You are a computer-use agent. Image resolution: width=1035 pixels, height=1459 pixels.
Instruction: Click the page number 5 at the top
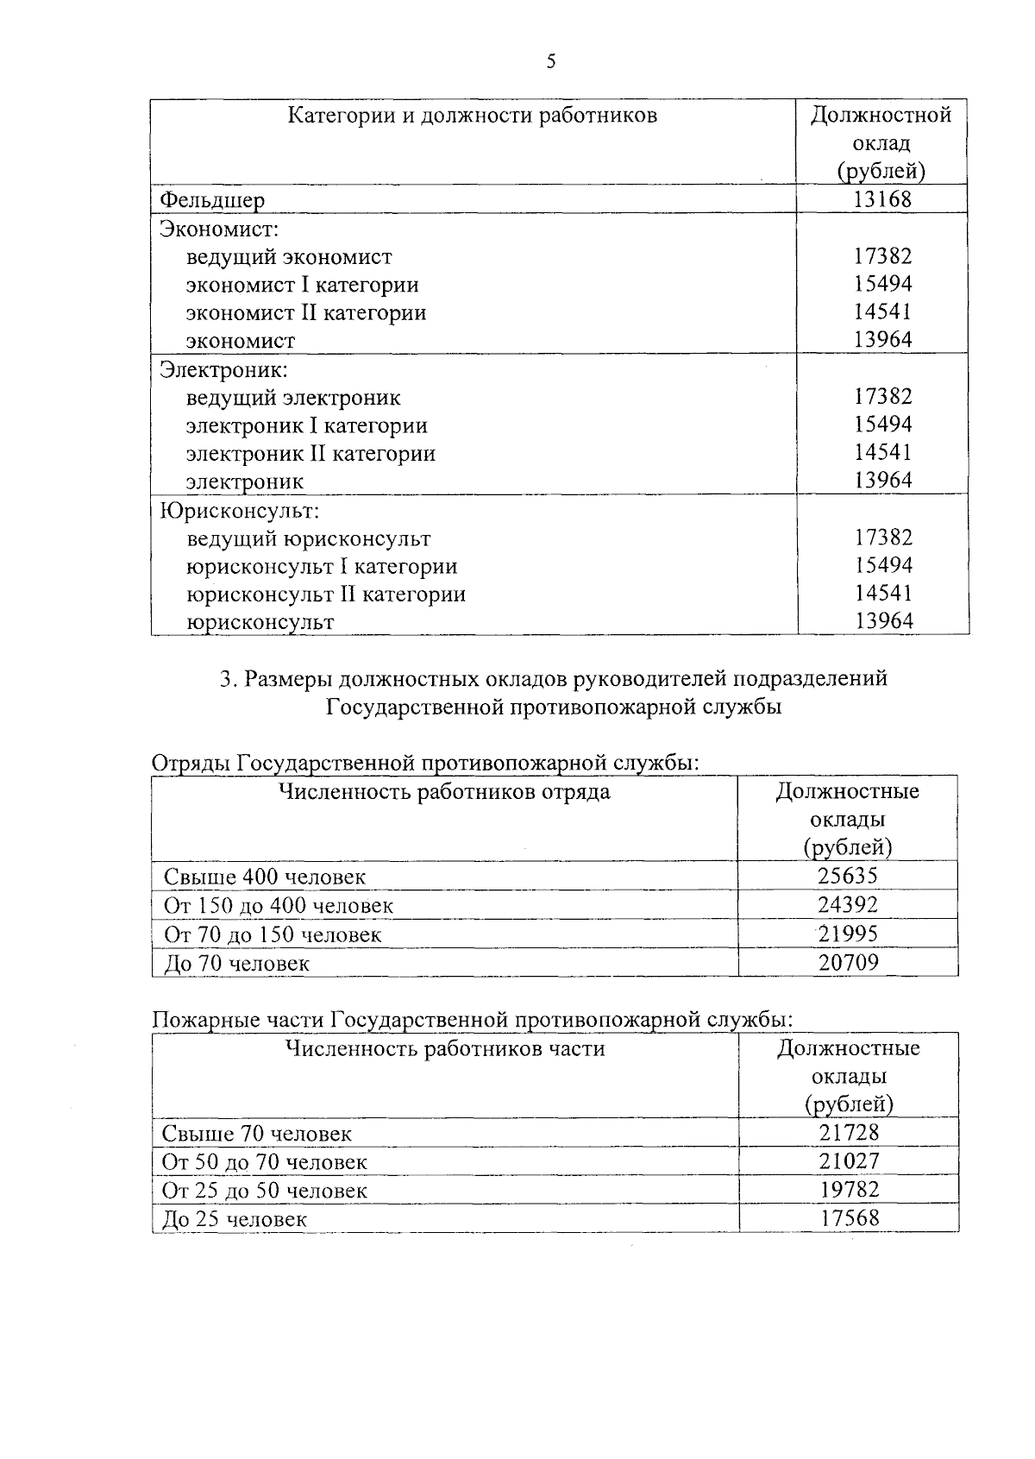pyautogui.click(x=551, y=61)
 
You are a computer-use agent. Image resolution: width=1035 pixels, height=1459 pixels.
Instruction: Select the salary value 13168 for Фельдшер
pyautogui.click(x=882, y=199)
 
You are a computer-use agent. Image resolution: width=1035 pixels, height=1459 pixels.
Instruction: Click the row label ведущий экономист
pyautogui.click(x=289, y=257)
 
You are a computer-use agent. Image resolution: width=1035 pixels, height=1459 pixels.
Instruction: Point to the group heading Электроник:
pyautogui.click(x=224, y=370)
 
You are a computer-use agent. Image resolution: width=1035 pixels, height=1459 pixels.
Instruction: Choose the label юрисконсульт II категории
pyautogui.click(x=326, y=594)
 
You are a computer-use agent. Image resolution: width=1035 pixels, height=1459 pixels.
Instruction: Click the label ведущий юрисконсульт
pyautogui.click(x=308, y=539)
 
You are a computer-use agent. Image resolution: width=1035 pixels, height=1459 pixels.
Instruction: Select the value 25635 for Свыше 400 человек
pyautogui.click(x=848, y=877)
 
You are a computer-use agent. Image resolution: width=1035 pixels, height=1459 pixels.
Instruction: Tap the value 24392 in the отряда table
pyautogui.click(x=848, y=905)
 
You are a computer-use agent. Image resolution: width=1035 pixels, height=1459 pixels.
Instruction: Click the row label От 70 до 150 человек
pyautogui.click(x=273, y=934)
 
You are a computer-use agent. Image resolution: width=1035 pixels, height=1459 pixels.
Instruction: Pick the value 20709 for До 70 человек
pyautogui.click(x=848, y=963)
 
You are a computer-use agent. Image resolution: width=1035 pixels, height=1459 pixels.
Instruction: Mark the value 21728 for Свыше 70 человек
pyautogui.click(x=849, y=1133)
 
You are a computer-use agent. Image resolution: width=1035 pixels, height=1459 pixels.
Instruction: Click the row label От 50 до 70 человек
pyautogui.click(x=265, y=1162)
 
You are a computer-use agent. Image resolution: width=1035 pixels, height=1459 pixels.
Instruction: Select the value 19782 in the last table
pyautogui.click(x=849, y=1191)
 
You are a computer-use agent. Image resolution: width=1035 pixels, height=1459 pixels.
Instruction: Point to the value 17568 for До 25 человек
pyautogui.click(x=849, y=1219)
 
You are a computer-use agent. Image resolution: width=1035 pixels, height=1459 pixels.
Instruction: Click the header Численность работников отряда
pyautogui.click(x=444, y=792)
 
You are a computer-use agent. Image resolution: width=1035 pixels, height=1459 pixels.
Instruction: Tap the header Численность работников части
pyautogui.click(x=444, y=1049)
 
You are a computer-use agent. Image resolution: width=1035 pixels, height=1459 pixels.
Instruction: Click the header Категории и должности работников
pyautogui.click(x=472, y=116)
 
